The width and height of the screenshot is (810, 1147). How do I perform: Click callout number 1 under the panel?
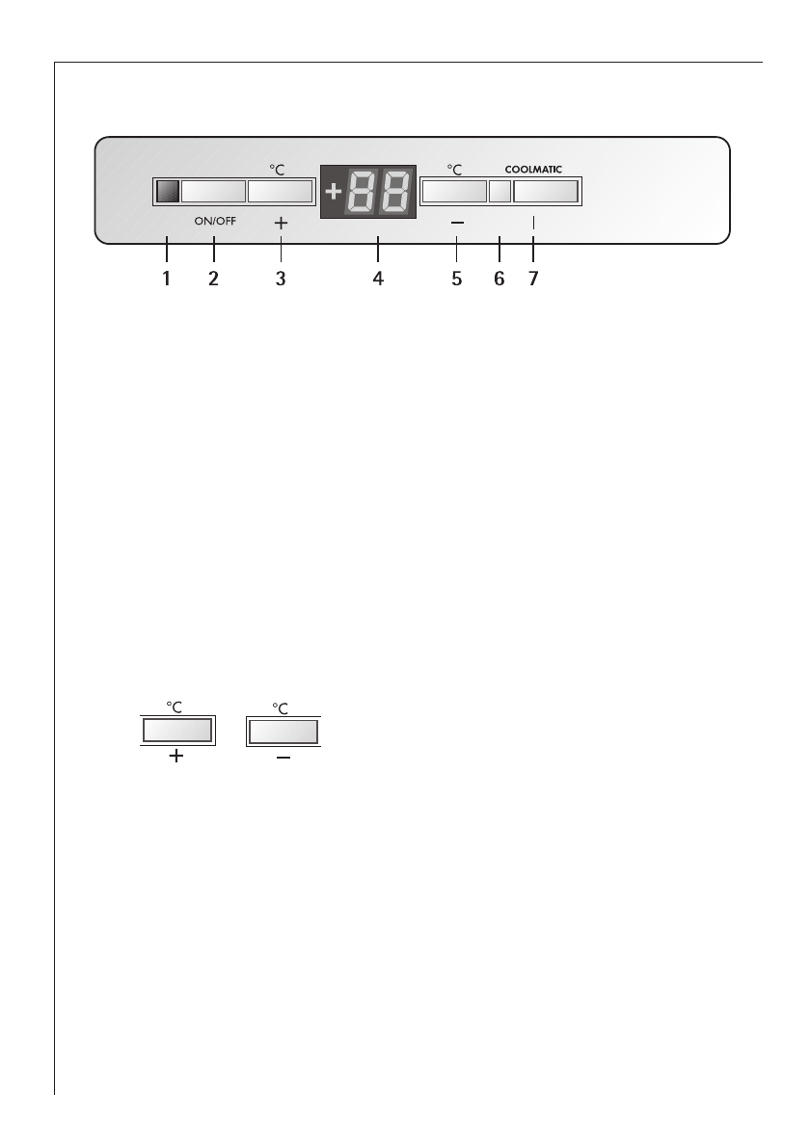point(166,278)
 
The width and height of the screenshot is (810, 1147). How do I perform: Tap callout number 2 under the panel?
point(213,278)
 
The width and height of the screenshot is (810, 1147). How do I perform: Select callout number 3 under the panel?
point(281,278)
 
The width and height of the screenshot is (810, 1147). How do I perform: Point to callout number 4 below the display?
point(378,278)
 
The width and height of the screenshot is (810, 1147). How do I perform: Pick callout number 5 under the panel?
point(456,278)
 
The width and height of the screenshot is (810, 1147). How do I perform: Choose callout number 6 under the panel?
point(499,278)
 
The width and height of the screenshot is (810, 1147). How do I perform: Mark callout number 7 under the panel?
point(533,278)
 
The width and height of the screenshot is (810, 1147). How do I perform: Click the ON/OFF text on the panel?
point(215,221)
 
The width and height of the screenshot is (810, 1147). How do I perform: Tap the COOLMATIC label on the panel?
point(533,169)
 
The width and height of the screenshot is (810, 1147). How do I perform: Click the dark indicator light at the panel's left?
point(168,192)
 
